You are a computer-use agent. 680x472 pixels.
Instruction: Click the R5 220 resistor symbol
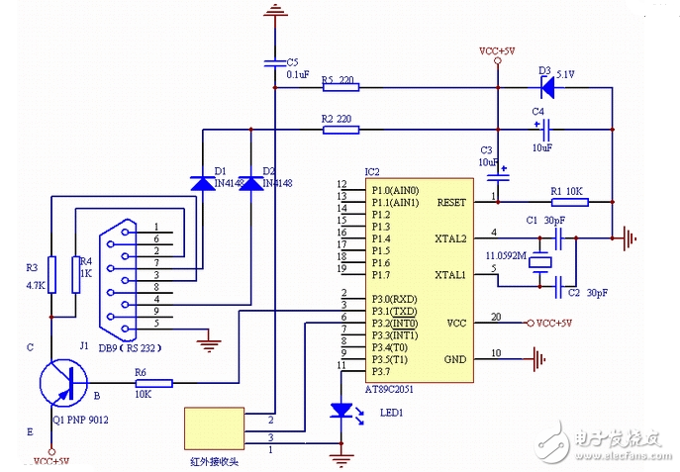point(340,88)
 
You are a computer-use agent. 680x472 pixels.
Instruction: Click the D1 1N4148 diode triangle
point(203,182)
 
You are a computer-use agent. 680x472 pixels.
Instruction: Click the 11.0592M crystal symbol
point(538,262)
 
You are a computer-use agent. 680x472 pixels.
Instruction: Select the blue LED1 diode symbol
point(341,409)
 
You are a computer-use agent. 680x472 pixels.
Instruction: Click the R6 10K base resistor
point(153,383)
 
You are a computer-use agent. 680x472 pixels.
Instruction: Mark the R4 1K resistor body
point(76,274)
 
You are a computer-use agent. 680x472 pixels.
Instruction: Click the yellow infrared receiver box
point(213,427)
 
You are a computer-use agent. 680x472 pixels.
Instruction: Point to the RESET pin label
point(450,202)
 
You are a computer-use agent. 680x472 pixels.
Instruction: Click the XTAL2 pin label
point(450,238)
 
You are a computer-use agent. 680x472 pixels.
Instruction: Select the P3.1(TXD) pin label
point(395,310)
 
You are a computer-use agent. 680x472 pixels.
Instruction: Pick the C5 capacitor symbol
point(274,64)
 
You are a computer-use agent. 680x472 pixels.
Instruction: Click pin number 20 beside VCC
point(495,317)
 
